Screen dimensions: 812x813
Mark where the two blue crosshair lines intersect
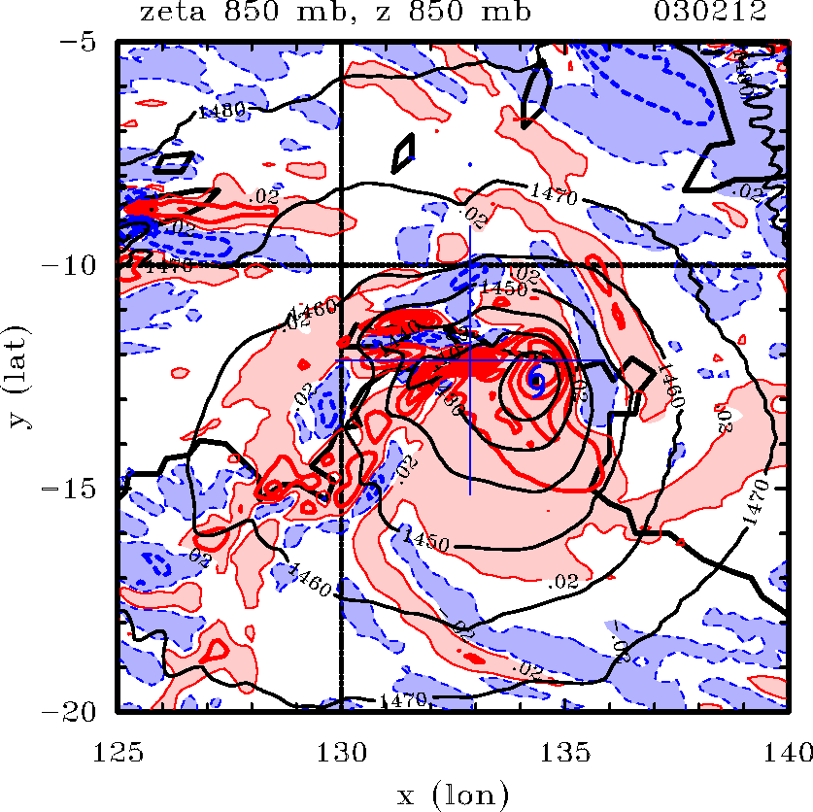469,359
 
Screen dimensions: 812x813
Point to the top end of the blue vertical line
469,226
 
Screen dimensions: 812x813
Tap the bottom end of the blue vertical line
469,494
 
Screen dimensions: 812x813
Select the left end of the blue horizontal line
336,359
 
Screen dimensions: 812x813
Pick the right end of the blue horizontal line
603,359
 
